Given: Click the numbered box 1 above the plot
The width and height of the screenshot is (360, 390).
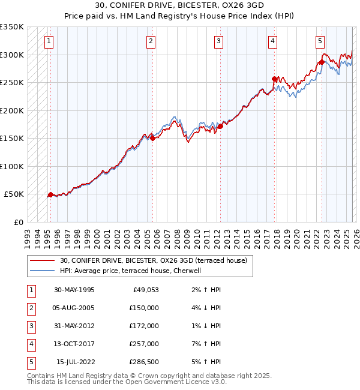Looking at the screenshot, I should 48,41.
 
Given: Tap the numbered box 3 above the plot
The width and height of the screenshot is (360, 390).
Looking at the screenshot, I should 218,41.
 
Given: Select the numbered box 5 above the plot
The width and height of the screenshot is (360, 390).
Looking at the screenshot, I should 320,41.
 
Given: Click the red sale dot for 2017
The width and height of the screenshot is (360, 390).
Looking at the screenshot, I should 275,79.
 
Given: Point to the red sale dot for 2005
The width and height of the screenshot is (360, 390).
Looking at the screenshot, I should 152,138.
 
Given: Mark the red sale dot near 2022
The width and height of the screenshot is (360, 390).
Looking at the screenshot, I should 322,62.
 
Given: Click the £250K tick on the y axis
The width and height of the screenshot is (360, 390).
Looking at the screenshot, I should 12,83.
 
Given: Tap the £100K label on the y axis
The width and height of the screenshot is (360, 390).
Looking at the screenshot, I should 12,166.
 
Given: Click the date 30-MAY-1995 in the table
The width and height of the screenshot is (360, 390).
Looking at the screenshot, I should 74,290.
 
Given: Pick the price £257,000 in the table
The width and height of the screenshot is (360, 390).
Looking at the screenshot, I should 144,344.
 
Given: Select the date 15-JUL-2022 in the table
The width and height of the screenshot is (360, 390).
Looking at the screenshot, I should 76,362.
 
